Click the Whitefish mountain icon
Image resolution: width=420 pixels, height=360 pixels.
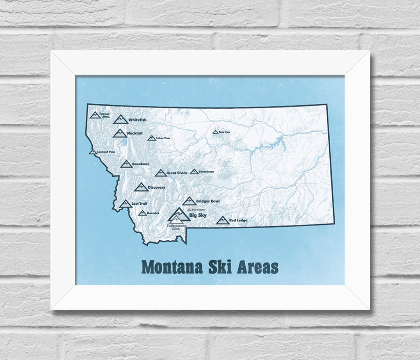(x=121, y=119)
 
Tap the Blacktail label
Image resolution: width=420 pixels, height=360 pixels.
(x=135, y=133)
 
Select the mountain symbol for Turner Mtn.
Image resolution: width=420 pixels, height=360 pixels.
(x=95, y=115)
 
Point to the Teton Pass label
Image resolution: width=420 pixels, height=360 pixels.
(x=163, y=138)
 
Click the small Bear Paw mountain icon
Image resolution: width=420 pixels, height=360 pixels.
(x=215, y=132)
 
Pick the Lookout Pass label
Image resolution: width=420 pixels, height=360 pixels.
(x=106, y=152)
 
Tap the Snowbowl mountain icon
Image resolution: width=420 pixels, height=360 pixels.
(x=126, y=164)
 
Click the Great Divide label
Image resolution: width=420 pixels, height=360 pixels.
(x=177, y=173)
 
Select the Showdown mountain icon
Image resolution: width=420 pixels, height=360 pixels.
(x=194, y=171)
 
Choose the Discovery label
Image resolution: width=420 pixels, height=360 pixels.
(x=156, y=187)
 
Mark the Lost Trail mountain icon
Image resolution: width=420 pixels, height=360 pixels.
(x=126, y=204)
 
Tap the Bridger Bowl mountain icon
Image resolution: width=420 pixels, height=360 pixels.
(x=189, y=201)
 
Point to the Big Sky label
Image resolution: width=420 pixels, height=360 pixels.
(x=198, y=215)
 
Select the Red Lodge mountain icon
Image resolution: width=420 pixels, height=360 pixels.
(x=222, y=221)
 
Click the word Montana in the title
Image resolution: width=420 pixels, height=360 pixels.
(x=172, y=267)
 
